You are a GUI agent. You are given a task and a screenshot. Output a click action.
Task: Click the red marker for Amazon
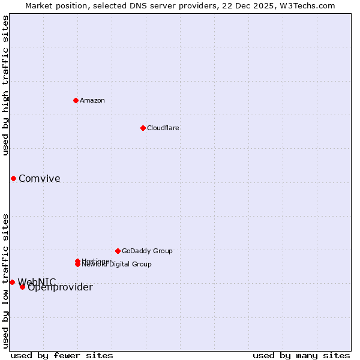[76, 100]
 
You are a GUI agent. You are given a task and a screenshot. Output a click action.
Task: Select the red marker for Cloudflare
[143, 128]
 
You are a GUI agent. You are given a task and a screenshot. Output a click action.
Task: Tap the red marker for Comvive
[13, 178]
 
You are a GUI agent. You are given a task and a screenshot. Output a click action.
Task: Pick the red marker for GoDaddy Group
[118, 251]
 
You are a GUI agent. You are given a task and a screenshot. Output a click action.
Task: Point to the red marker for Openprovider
[22, 287]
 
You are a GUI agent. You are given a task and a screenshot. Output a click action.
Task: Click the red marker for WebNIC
[12, 282]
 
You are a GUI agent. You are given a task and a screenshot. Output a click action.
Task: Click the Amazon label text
[92, 100]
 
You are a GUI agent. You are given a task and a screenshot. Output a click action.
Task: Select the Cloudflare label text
[163, 128]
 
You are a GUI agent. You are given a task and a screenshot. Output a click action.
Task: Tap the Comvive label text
[40, 178]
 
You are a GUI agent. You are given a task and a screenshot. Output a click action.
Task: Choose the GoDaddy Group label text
[147, 251]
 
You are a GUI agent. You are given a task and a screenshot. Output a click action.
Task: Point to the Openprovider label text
[60, 287]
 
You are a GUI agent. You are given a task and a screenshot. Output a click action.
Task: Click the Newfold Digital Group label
[117, 265]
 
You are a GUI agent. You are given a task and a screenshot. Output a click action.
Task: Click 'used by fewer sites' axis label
[62, 355]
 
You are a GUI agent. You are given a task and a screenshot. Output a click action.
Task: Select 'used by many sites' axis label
[301, 355]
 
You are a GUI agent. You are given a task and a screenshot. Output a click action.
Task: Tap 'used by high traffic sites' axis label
[6, 85]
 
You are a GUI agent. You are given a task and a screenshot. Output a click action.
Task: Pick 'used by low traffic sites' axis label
[6, 280]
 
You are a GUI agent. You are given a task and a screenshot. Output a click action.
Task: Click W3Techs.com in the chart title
[307, 5]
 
